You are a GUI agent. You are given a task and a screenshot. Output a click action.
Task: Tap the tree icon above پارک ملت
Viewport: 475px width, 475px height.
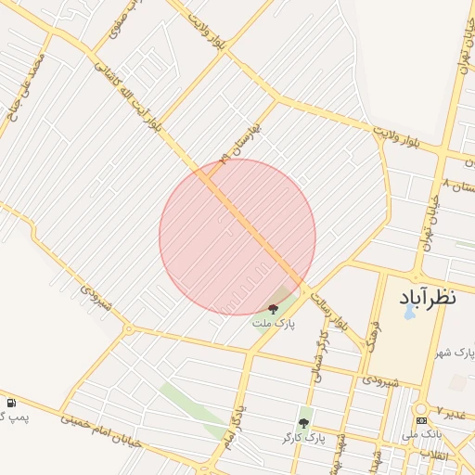[274, 309]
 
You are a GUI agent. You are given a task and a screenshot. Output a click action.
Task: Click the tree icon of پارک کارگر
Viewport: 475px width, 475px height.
[303, 423]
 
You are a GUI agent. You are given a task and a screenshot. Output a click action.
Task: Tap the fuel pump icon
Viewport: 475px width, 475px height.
[11, 404]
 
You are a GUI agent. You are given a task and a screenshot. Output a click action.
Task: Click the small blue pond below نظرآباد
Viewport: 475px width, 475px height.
[409, 312]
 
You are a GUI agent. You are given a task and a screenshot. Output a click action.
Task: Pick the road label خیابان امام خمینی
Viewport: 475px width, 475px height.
[102, 429]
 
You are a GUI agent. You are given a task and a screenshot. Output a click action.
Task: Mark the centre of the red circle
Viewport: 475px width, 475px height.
[237, 237]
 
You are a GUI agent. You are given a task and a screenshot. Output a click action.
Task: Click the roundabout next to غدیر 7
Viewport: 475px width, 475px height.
[423, 408]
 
